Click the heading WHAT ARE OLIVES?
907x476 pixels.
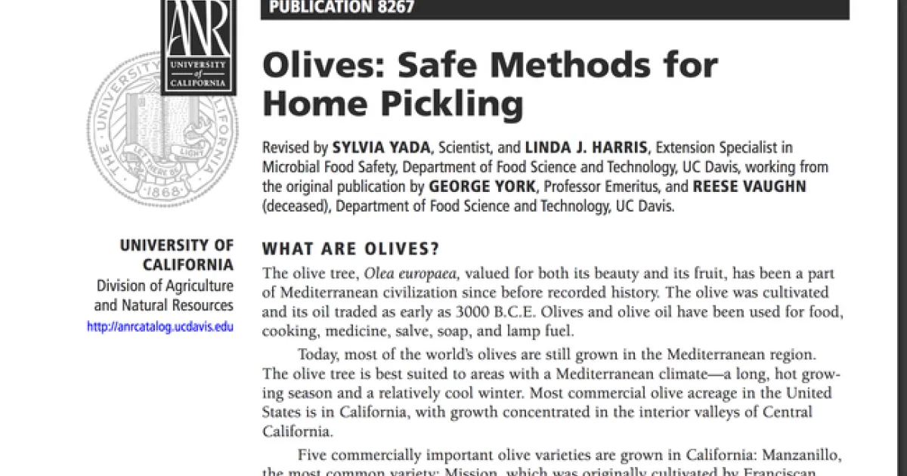coord(351,249)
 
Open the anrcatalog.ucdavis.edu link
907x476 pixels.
coord(160,327)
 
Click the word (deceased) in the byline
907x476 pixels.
coord(296,205)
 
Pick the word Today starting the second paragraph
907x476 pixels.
coord(318,355)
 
